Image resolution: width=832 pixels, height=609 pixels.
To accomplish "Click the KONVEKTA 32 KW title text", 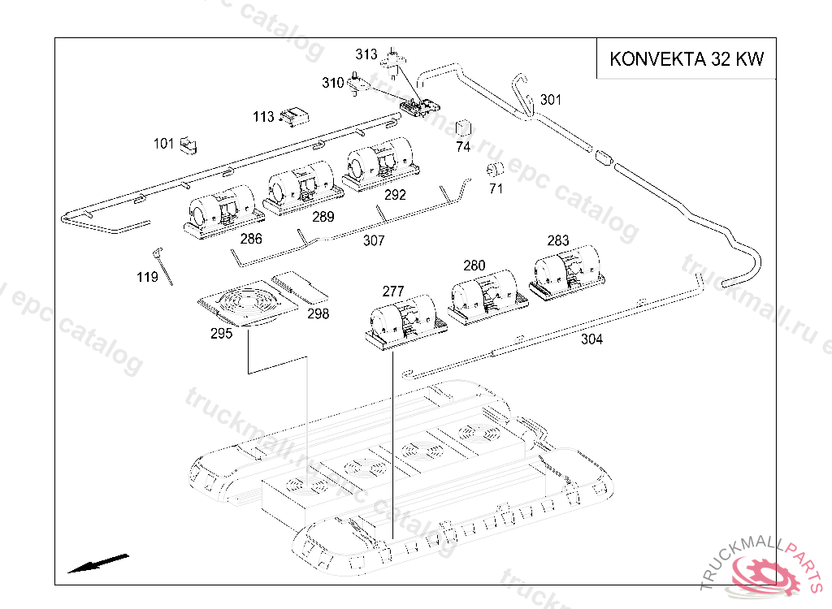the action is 687,58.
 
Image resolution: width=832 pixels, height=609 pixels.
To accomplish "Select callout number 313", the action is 366,54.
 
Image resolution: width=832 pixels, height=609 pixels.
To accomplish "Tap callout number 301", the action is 551,100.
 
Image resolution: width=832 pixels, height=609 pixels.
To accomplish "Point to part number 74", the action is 463,147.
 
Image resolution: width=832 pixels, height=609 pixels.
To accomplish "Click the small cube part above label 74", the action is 463,128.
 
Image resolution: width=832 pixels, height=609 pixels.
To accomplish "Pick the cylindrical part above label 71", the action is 495,169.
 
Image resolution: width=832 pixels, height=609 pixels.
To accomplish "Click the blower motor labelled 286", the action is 223,212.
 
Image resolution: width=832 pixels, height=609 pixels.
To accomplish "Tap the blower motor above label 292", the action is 381,164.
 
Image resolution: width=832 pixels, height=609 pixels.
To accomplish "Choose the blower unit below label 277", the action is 406,322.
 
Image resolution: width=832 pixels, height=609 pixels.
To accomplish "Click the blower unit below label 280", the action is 488,297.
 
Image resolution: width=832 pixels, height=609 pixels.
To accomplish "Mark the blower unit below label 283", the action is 566,273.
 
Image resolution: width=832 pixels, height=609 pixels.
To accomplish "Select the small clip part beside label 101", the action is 188,145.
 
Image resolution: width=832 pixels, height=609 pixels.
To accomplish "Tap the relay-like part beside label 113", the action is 294,117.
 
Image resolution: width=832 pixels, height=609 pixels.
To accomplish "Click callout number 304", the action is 591,339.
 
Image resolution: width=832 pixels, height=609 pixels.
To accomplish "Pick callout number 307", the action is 374,241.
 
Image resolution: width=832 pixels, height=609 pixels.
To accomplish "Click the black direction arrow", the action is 98,564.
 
